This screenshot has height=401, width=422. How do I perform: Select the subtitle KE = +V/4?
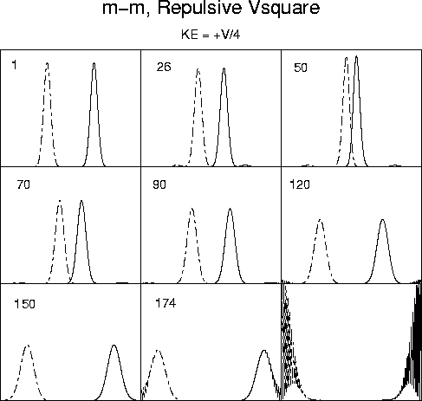211,35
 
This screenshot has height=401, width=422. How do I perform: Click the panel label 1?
14,65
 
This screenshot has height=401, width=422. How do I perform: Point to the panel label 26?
164,67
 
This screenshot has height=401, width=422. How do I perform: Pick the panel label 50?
301,68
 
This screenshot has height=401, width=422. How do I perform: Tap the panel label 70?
23,184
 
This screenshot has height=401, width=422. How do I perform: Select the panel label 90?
159,184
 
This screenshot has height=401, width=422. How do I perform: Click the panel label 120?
300,184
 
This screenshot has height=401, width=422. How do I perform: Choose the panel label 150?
25,304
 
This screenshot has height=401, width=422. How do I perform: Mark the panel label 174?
166,303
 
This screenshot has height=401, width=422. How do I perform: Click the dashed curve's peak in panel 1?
48,63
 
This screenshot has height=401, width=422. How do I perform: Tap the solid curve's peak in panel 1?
94,63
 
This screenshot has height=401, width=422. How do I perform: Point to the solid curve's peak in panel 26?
224,68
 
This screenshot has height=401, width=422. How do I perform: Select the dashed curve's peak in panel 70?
60,200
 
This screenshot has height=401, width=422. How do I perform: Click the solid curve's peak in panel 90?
230,209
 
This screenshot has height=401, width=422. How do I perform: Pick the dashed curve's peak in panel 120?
320,220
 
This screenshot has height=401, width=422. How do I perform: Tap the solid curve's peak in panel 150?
114,346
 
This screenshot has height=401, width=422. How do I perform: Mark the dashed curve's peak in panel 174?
158,351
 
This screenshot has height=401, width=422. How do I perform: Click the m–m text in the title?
126,9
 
